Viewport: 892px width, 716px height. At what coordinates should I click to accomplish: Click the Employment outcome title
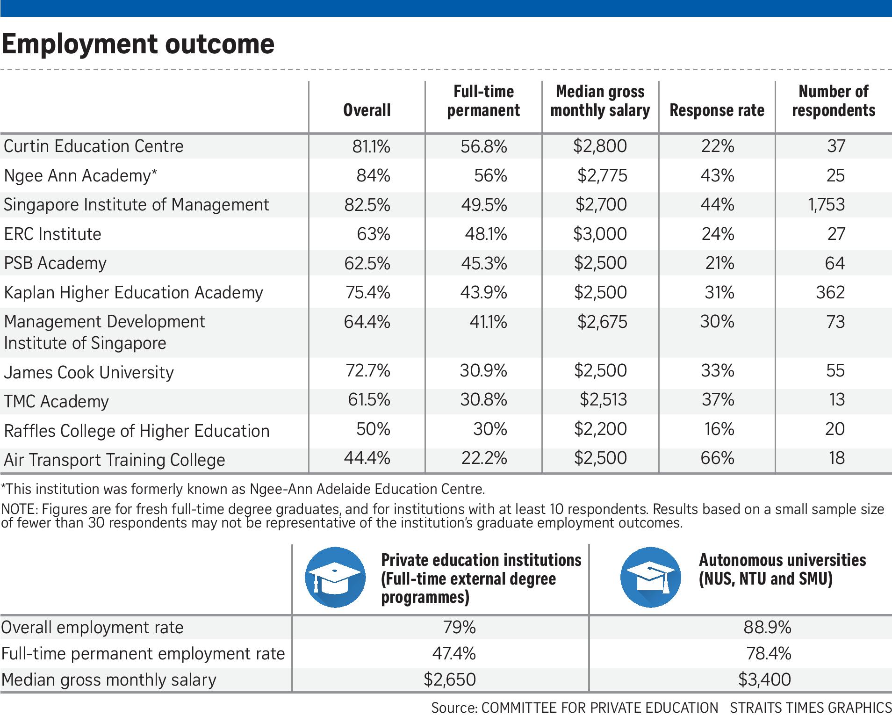point(138,44)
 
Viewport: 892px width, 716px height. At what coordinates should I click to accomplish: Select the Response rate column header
point(717,110)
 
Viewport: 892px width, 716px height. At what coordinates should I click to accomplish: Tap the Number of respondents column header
point(834,101)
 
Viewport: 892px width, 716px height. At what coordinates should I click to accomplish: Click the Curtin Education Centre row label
point(94,146)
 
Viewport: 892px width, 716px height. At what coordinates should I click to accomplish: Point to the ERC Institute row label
point(52,234)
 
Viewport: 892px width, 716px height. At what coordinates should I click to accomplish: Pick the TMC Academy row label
point(56,401)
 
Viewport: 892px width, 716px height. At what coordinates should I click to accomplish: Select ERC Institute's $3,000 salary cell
point(600,234)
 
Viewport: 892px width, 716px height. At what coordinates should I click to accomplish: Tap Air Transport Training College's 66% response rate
point(717,458)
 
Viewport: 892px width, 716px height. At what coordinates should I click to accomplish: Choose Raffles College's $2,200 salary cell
point(600,429)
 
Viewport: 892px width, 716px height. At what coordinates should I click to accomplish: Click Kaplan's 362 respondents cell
point(830,292)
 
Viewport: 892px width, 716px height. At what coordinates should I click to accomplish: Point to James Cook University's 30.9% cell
point(483,371)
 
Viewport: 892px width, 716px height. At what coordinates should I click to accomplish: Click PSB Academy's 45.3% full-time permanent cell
point(483,263)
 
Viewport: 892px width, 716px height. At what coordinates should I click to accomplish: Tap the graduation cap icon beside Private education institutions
point(335,578)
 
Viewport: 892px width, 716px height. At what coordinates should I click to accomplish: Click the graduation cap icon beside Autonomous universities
point(650,578)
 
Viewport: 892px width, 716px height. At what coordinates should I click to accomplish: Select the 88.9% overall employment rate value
point(767,627)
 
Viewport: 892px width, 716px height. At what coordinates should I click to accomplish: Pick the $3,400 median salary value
point(764,680)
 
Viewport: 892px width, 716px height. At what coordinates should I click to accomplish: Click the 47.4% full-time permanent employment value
point(453,653)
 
